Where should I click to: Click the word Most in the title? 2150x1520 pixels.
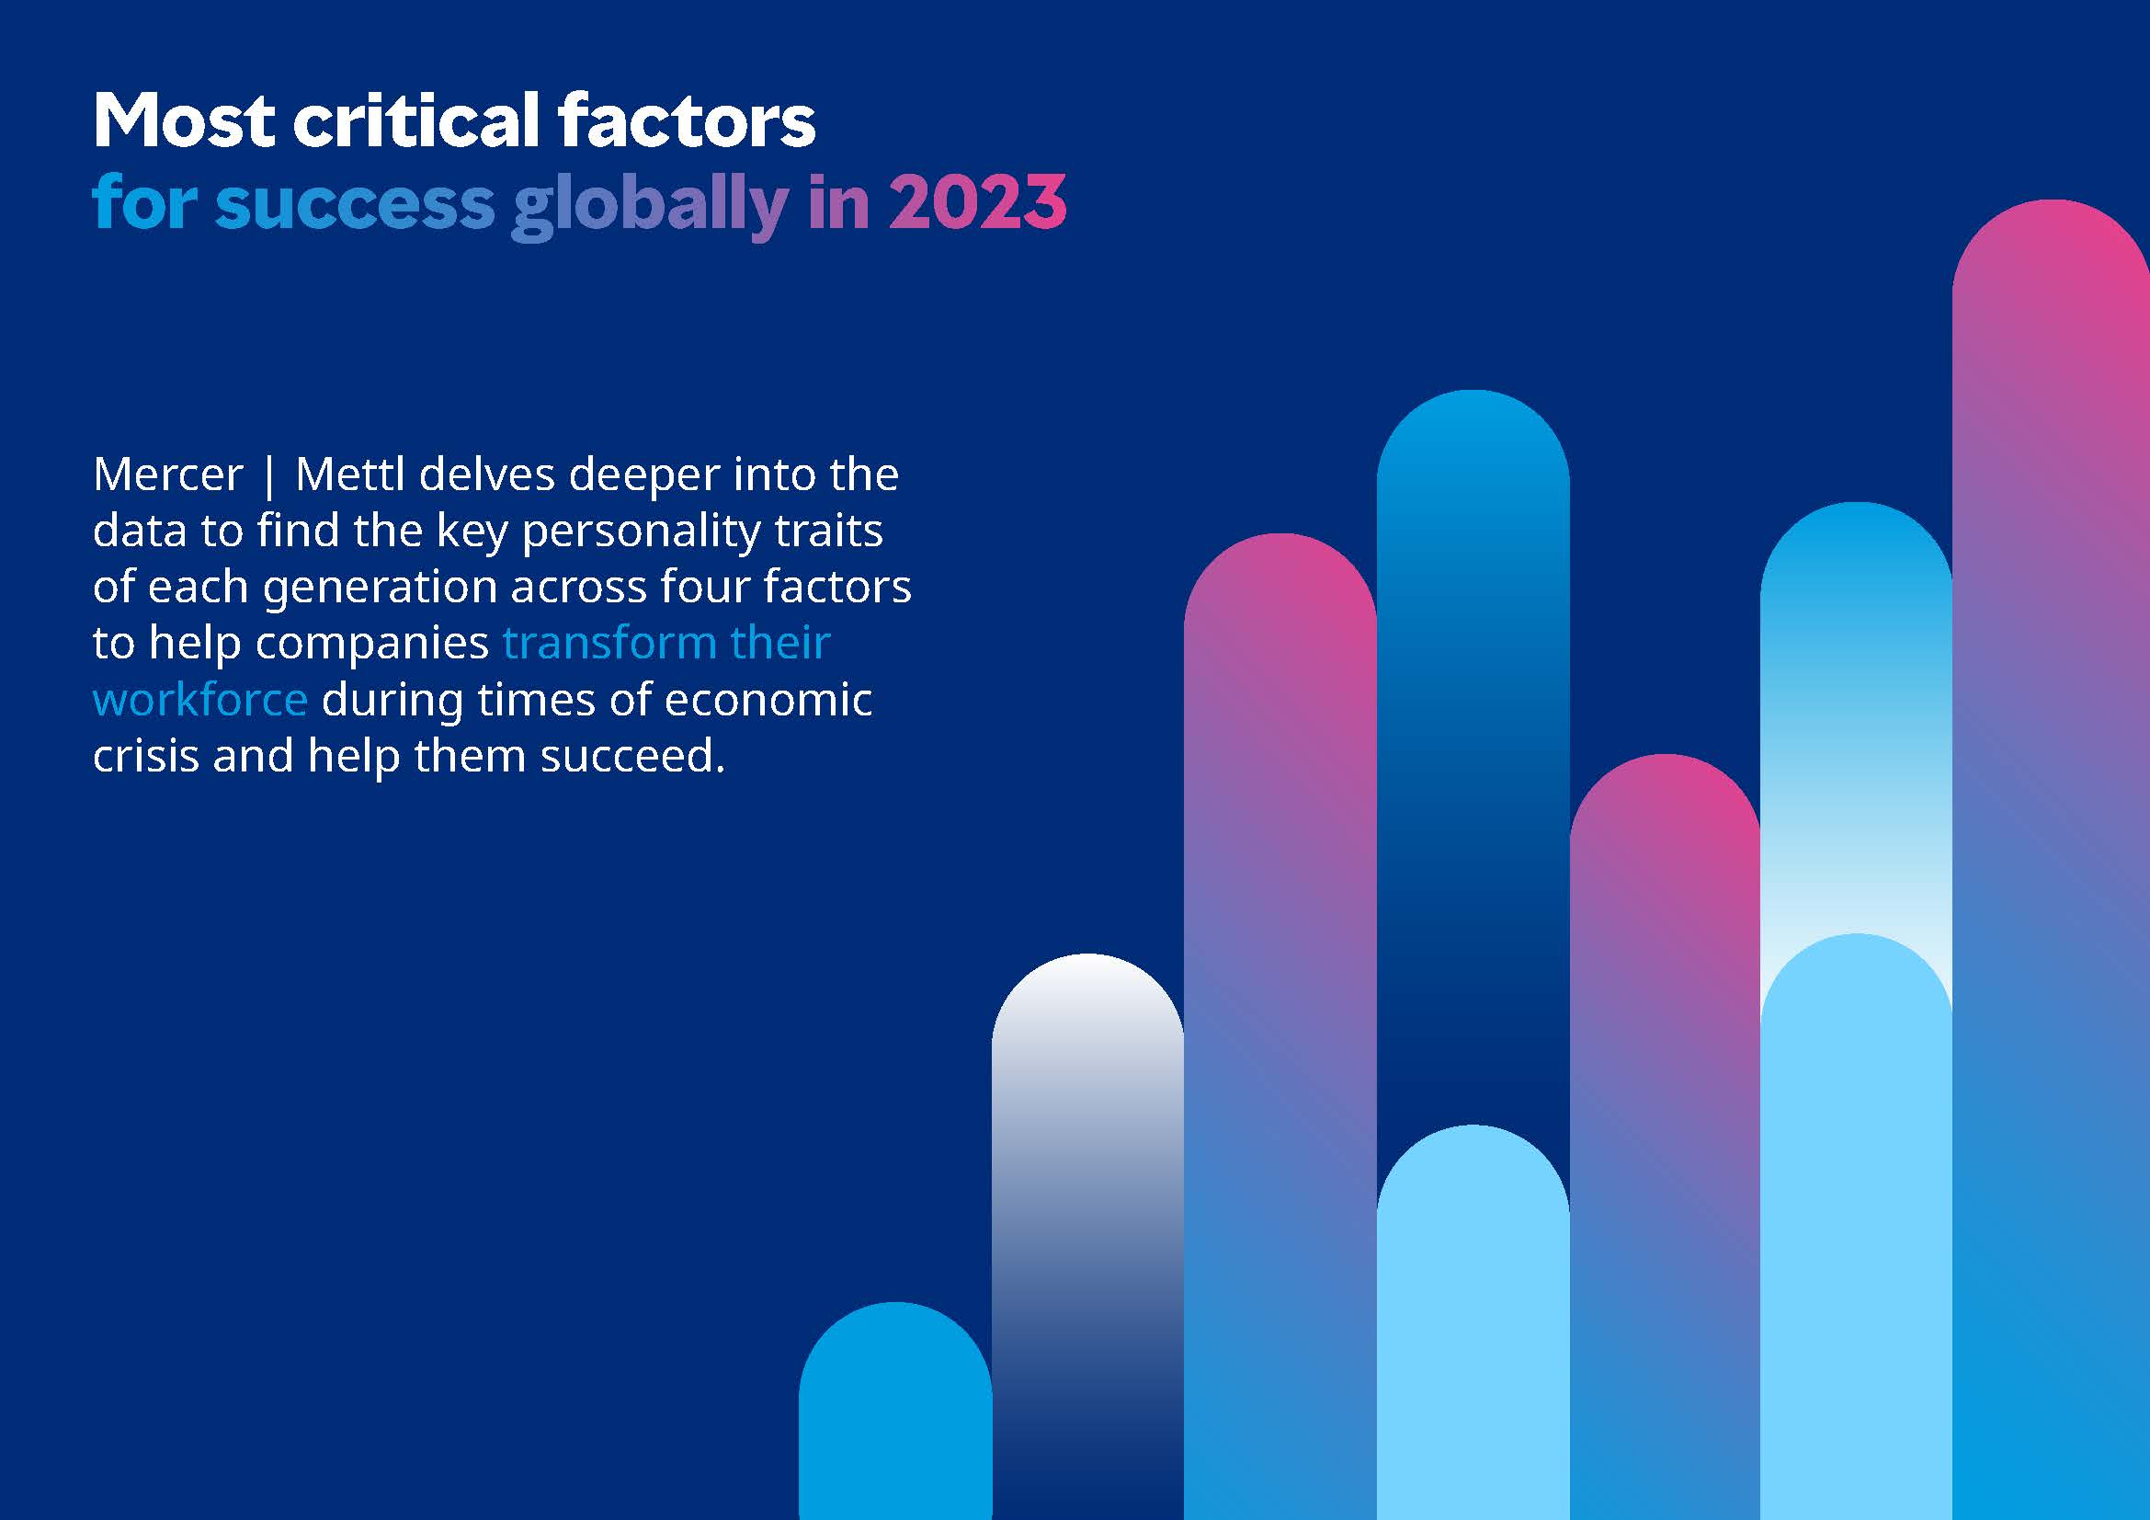pos(184,120)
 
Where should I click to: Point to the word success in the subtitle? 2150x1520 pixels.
pos(354,204)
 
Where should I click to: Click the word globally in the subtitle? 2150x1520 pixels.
pos(650,204)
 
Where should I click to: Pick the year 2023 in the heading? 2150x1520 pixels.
pos(978,202)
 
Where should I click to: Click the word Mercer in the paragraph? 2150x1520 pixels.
pos(167,474)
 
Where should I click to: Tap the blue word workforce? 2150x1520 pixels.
pos(200,699)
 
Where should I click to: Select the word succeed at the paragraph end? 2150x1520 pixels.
pos(632,755)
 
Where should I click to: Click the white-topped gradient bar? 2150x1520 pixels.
pos(1087,1236)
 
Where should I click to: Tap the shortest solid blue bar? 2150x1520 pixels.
pos(895,1411)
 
